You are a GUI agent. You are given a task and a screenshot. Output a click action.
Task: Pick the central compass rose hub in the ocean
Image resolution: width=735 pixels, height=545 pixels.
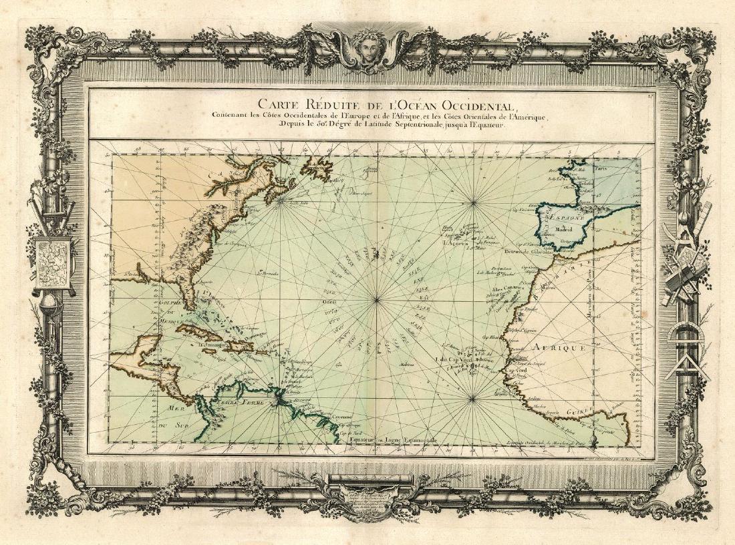coord(376,300)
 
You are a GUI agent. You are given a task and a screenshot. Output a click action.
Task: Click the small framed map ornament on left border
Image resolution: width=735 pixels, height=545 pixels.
coord(52,261)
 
